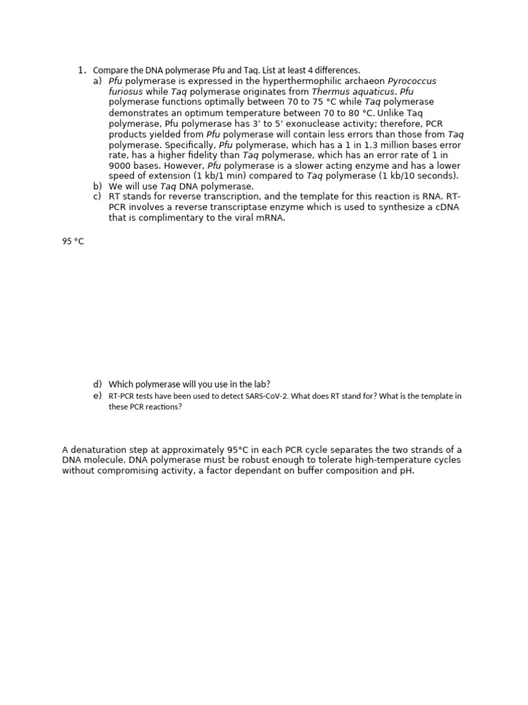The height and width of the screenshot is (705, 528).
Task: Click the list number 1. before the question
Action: tap(81, 70)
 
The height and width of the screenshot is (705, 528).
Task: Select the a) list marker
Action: tap(97, 81)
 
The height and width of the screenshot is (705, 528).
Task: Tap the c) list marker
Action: tap(97, 197)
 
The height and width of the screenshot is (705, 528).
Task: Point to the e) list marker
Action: tap(97, 396)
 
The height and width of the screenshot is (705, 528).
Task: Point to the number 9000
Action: tap(122, 165)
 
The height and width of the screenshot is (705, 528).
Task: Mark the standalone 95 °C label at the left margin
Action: tap(73, 242)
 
